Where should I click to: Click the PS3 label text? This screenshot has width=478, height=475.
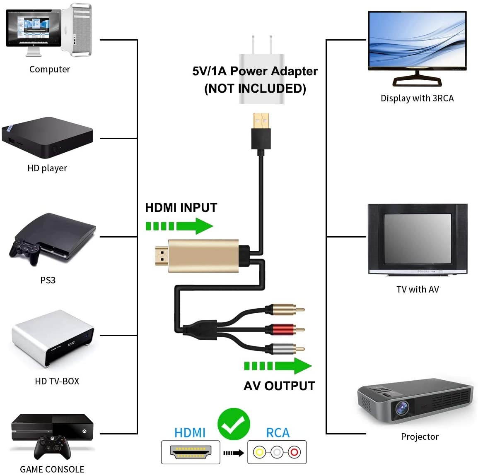point(48,280)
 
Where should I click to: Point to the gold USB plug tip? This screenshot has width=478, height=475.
point(261,120)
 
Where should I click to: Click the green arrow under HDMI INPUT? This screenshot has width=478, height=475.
point(179,226)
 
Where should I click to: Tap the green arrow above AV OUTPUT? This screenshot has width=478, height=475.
point(278,366)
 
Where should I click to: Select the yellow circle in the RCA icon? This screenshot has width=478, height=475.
point(260,452)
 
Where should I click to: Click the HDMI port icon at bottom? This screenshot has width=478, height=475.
point(191,452)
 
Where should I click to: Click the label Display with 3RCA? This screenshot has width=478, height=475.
point(417,98)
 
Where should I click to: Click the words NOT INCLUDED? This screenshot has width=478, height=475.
point(255,89)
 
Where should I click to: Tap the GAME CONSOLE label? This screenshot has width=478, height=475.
point(52,469)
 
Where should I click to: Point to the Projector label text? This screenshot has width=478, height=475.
point(419,437)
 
